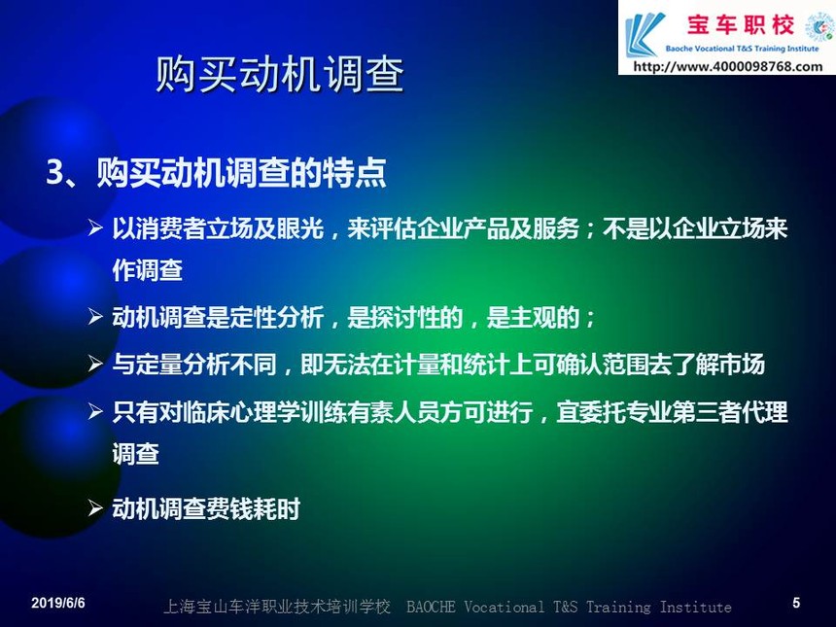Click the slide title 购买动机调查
click(x=279, y=75)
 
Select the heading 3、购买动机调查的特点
click(x=216, y=173)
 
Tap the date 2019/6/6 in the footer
click(x=58, y=603)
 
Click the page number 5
click(x=796, y=603)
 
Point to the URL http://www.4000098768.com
click(x=728, y=67)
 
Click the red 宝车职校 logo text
click(x=741, y=25)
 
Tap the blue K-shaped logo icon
click(x=644, y=35)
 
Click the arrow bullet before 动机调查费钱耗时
click(x=95, y=508)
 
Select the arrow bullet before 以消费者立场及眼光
click(x=95, y=228)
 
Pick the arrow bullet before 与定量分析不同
click(x=95, y=365)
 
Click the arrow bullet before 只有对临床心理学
click(x=95, y=411)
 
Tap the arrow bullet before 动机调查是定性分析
click(x=95, y=317)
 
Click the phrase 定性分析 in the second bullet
click(x=276, y=318)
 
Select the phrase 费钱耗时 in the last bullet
click(x=253, y=509)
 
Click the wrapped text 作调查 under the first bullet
click(x=147, y=270)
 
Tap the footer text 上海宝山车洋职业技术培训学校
click(x=277, y=607)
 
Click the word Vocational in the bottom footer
click(x=505, y=607)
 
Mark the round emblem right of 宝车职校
click(x=819, y=26)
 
